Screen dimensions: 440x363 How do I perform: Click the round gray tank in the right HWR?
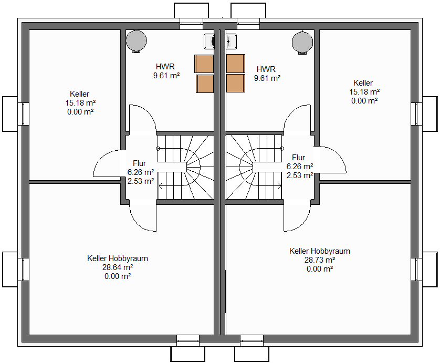[x=302, y=42]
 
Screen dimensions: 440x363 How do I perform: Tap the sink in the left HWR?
[x=209, y=42]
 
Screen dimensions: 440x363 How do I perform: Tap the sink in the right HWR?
[x=231, y=42]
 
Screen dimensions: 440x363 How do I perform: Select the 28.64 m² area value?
[x=118, y=267]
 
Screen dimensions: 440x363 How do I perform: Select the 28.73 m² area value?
[x=320, y=260]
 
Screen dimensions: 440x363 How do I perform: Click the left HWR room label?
[x=165, y=67]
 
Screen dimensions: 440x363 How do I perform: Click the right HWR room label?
[x=266, y=69]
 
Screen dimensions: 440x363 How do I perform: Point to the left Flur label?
[x=140, y=163]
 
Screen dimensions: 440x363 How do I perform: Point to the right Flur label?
[x=299, y=157]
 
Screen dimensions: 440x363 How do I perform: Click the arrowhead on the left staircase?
[x=161, y=186]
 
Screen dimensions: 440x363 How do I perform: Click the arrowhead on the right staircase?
[x=279, y=186]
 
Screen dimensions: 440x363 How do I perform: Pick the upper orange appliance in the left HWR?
[x=204, y=64]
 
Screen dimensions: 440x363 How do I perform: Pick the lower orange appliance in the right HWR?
[x=235, y=83]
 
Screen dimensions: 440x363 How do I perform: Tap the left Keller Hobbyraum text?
[x=118, y=258]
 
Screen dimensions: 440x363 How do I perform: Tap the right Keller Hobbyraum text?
[x=320, y=251]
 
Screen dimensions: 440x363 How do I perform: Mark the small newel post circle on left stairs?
[x=158, y=149]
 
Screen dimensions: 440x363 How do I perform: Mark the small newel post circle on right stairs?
[x=282, y=149]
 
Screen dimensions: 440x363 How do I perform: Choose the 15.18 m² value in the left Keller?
[x=80, y=103]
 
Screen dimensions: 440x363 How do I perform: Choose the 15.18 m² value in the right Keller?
[x=364, y=92]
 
